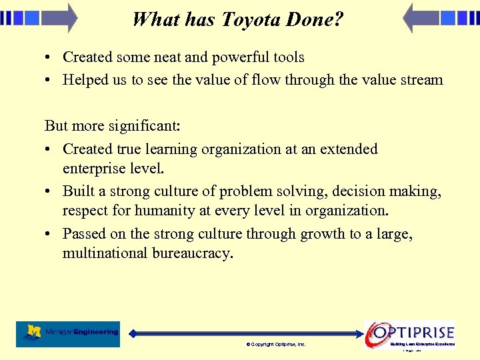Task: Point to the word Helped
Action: click(x=85, y=80)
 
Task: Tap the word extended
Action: click(x=349, y=149)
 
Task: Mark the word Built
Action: click(x=79, y=191)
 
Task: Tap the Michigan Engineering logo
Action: click(x=68, y=333)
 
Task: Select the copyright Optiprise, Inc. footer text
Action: click(x=275, y=345)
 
